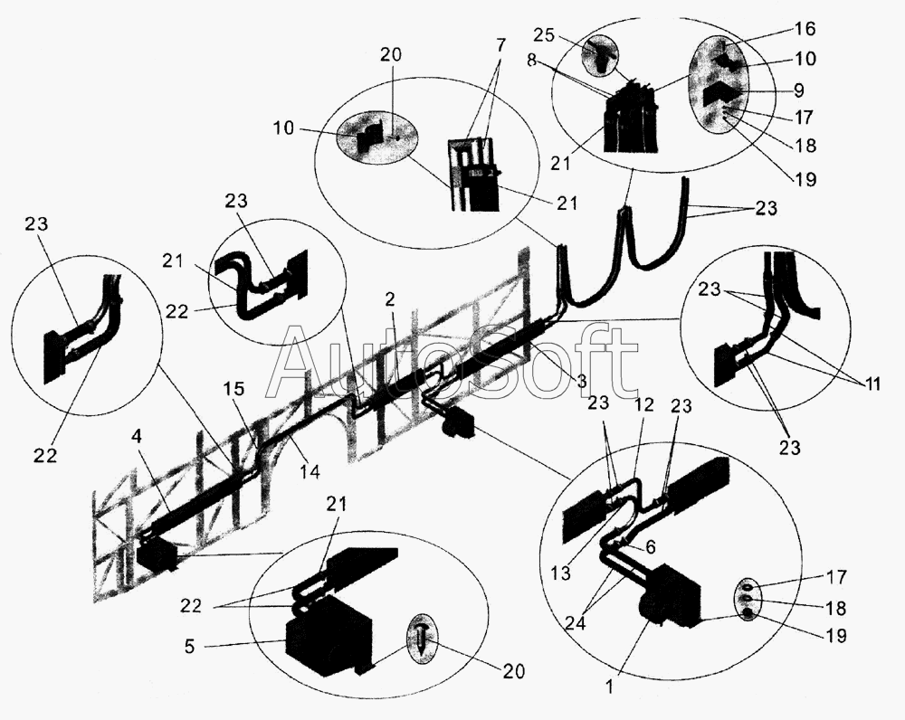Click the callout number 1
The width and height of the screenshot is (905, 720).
click(608, 687)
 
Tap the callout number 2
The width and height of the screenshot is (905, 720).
click(390, 298)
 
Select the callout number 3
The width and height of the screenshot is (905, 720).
click(581, 380)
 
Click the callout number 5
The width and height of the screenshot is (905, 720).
click(190, 646)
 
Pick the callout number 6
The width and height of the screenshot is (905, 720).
click(650, 547)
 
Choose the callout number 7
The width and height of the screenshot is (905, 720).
click(500, 44)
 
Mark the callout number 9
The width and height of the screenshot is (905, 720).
click(799, 90)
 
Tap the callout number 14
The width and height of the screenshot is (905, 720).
click(309, 472)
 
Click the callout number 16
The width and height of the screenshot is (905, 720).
click(805, 28)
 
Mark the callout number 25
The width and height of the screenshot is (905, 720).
click(543, 35)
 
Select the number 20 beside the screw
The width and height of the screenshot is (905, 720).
click(513, 671)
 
